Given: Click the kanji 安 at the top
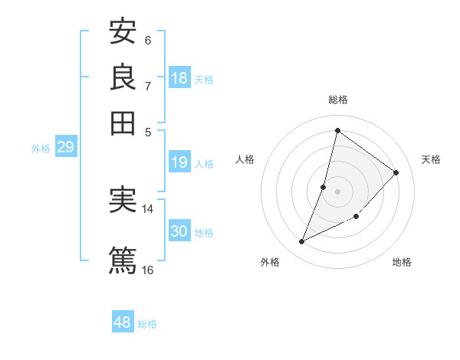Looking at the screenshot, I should (123, 32).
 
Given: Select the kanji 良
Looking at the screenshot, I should (123, 77).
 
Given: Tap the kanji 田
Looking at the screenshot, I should (123, 122).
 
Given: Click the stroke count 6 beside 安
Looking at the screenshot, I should (148, 41).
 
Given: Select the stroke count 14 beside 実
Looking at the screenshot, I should (148, 208).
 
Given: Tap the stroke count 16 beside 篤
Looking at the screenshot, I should (148, 270).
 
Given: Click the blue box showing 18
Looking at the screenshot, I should (179, 78).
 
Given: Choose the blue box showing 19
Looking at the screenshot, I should (179, 162).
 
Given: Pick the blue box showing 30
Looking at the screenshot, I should (179, 231).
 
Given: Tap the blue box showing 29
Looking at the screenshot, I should (65, 147).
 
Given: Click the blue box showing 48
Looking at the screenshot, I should (123, 322).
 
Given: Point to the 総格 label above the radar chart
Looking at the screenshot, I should (338, 100).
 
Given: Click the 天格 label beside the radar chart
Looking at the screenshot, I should (431, 159).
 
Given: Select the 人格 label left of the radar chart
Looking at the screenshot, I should (245, 159).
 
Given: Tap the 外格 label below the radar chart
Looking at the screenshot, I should (270, 262).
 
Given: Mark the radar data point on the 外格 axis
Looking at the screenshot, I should (302, 242).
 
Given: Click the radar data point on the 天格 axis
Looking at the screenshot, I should (396, 172).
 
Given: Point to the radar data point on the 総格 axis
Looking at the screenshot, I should (337, 131).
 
